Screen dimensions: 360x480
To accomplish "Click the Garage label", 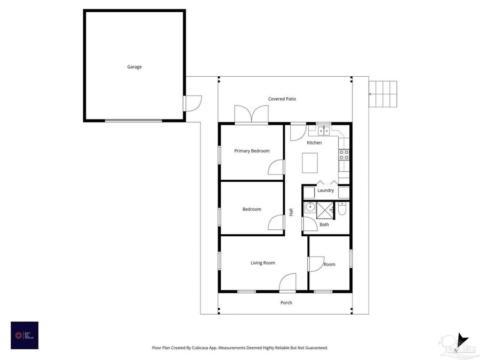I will [x=134, y=67].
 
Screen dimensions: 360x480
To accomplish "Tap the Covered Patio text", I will [x=282, y=99].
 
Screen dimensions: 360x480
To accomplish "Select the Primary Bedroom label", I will [x=252, y=151].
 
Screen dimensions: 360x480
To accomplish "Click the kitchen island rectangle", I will [x=310, y=163].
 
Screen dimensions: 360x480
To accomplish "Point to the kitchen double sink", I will [x=324, y=130].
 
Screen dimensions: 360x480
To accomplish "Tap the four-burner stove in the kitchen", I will [x=344, y=155].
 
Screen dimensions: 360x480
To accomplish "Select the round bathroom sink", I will [x=310, y=207].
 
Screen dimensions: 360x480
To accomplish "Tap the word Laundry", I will [x=325, y=190].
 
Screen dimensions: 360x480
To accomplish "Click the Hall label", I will [x=291, y=212].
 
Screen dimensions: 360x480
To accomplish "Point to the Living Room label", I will [x=263, y=263].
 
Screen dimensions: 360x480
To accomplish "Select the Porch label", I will [x=286, y=302].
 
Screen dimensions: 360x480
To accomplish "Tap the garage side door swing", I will [x=193, y=103].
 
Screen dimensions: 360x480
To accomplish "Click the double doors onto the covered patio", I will [x=251, y=115].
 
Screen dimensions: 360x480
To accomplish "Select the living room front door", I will [x=288, y=283].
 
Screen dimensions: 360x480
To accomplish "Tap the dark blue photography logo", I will [x=25, y=335].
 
